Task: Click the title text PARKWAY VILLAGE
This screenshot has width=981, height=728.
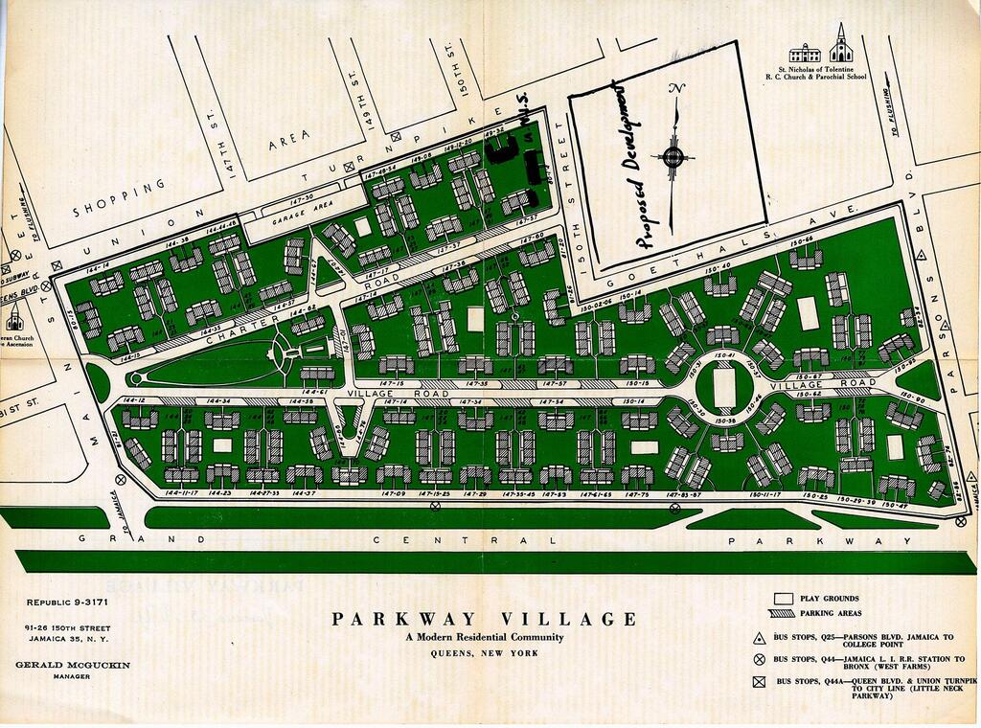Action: tap(484, 619)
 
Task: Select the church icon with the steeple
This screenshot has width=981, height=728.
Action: tap(840, 44)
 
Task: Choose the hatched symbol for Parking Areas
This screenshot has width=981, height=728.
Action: tap(784, 613)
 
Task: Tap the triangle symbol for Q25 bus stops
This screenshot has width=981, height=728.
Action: tap(758, 637)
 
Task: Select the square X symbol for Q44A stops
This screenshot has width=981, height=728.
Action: tap(758, 682)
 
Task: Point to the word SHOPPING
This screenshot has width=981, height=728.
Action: tap(119, 197)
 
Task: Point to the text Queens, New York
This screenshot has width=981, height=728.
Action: tap(484, 653)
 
